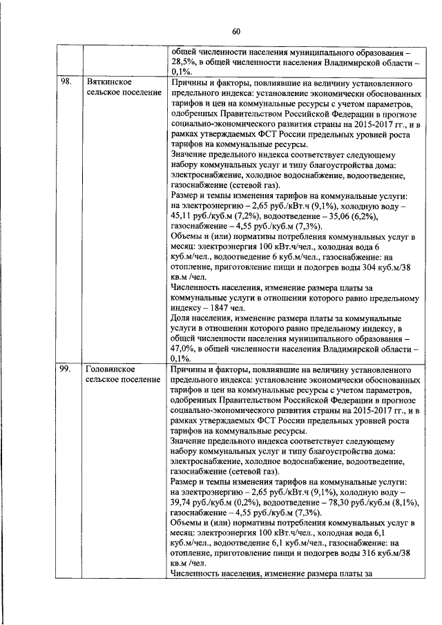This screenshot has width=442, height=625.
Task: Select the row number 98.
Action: click(x=65, y=81)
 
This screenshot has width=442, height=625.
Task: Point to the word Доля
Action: click(x=181, y=318)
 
